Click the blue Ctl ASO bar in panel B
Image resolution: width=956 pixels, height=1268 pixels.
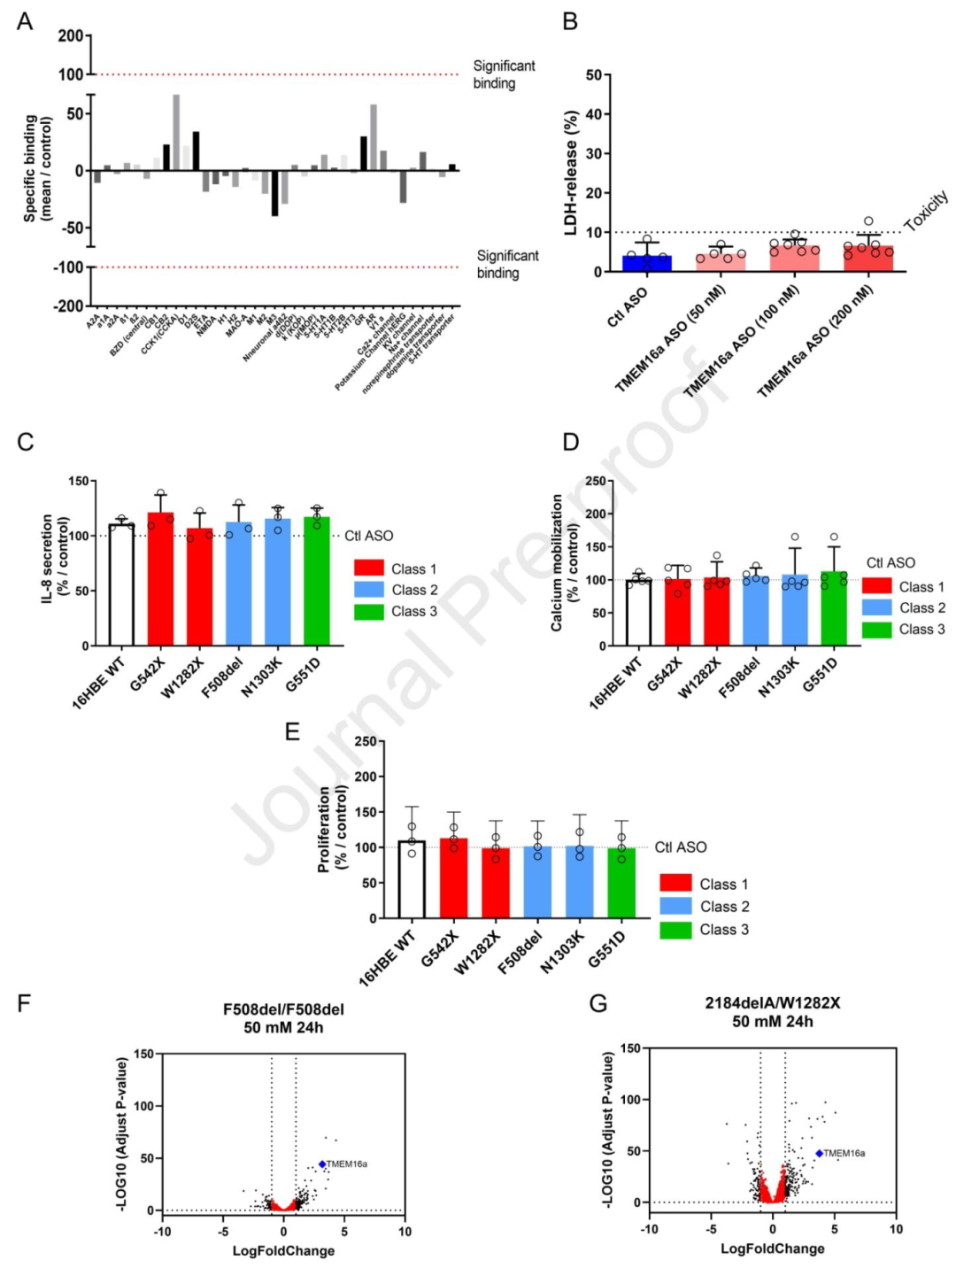[x=646, y=263]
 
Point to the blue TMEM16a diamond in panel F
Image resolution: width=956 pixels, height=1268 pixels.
[x=322, y=1164]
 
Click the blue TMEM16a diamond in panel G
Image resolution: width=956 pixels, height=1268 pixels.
[x=819, y=1153]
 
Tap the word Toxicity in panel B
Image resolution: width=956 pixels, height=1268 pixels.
[x=927, y=210]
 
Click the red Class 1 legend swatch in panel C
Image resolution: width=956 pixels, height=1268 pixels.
[x=368, y=568]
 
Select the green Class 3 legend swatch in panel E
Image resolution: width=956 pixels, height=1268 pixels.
[x=675, y=930]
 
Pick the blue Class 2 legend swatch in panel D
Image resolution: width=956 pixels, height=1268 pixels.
[x=876, y=607]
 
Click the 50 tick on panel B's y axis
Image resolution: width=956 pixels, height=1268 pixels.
[x=593, y=75]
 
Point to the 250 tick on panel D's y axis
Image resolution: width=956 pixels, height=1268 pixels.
[x=596, y=481]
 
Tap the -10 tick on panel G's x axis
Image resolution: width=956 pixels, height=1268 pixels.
[x=650, y=1229]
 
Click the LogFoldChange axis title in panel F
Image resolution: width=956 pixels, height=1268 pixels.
[x=283, y=1250]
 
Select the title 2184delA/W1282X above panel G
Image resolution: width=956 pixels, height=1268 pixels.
[x=772, y=1003]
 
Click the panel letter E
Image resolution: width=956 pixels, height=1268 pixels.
[x=292, y=731]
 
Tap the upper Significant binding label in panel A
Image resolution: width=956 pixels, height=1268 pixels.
[x=503, y=74]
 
